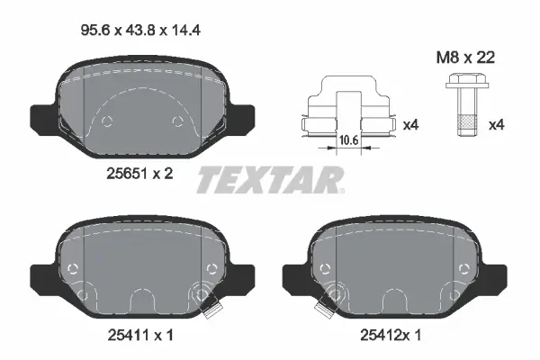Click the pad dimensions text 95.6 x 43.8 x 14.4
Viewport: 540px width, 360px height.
pyautogui.click(x=140, y=31)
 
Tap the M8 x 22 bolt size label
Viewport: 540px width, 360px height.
pyautogui.click(x=465, y=58)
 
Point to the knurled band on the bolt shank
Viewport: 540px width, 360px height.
pyautogui.click(x=465, y=121)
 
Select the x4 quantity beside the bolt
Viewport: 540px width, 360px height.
pyautogui.click(x=496, y=125)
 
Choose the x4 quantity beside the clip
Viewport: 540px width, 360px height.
pyautogui.click(x=410, y=125)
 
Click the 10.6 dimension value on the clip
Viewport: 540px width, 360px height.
pyautogui.click(x=349, y=139)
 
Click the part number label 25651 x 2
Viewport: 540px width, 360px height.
pyautogui.click(x=139, y=174)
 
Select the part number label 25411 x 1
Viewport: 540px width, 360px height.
pyautogui.click(x=140, y=335)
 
